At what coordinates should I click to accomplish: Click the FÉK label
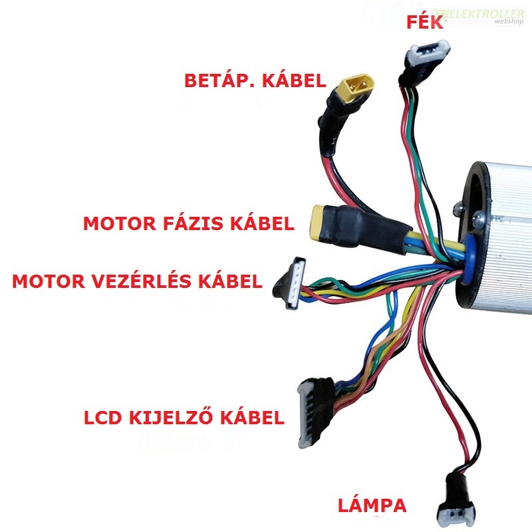coord(425,23)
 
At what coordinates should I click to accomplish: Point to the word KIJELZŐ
coord(171,418)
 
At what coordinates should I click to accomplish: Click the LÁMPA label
coord(372,505)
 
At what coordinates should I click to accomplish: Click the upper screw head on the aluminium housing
coord(459,207)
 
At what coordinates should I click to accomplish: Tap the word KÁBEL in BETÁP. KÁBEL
coord(294,80)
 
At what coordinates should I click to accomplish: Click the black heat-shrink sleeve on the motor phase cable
coord(363,229)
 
